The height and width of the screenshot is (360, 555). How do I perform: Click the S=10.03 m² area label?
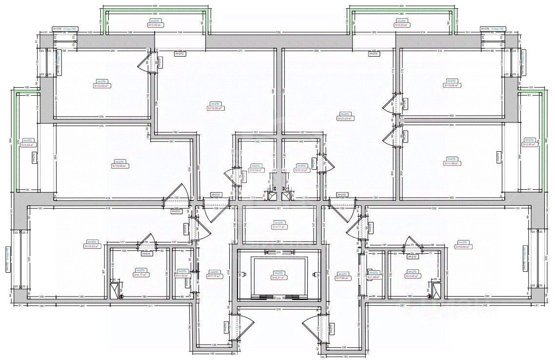102,85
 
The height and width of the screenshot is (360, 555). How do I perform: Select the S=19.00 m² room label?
215,108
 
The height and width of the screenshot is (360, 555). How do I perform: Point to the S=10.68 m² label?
452,85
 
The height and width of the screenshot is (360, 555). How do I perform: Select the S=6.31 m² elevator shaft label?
279,278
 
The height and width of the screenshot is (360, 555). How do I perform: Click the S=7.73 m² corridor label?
214,276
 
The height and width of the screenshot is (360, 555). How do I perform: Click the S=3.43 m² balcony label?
402,25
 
